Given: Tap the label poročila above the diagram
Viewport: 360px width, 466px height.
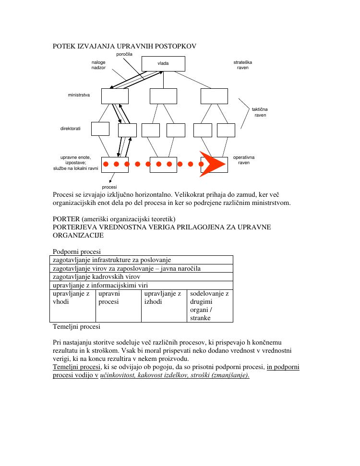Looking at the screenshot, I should click(x=124, y=54).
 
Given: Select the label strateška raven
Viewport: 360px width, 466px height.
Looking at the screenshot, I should click(x=242, y=65).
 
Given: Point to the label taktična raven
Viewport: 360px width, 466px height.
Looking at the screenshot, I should click(x=260, y=113).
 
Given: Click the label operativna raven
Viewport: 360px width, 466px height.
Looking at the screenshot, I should click(x=244, y=160).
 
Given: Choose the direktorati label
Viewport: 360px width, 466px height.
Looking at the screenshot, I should click(x=70, y=129).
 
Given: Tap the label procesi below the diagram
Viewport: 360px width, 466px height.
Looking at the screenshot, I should click(x=109, y=187).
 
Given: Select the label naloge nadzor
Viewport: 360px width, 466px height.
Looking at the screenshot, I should click(x=98, y=65).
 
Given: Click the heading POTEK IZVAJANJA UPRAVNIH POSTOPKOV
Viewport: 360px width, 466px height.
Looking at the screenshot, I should click(x=124, y=46).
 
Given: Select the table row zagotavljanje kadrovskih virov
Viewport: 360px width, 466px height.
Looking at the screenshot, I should click(x=96, y=276).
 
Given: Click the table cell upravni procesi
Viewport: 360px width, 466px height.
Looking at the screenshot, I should click(x=109, y=298).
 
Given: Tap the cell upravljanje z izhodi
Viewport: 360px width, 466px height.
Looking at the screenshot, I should click(x=163, y=298).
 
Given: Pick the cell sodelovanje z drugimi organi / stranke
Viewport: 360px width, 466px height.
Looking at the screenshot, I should click(x=209, y=305).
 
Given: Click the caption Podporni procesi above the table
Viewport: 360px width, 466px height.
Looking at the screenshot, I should click(x=77, y=251).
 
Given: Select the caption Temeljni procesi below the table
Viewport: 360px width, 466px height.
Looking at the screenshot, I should click(x=76, y=327).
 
